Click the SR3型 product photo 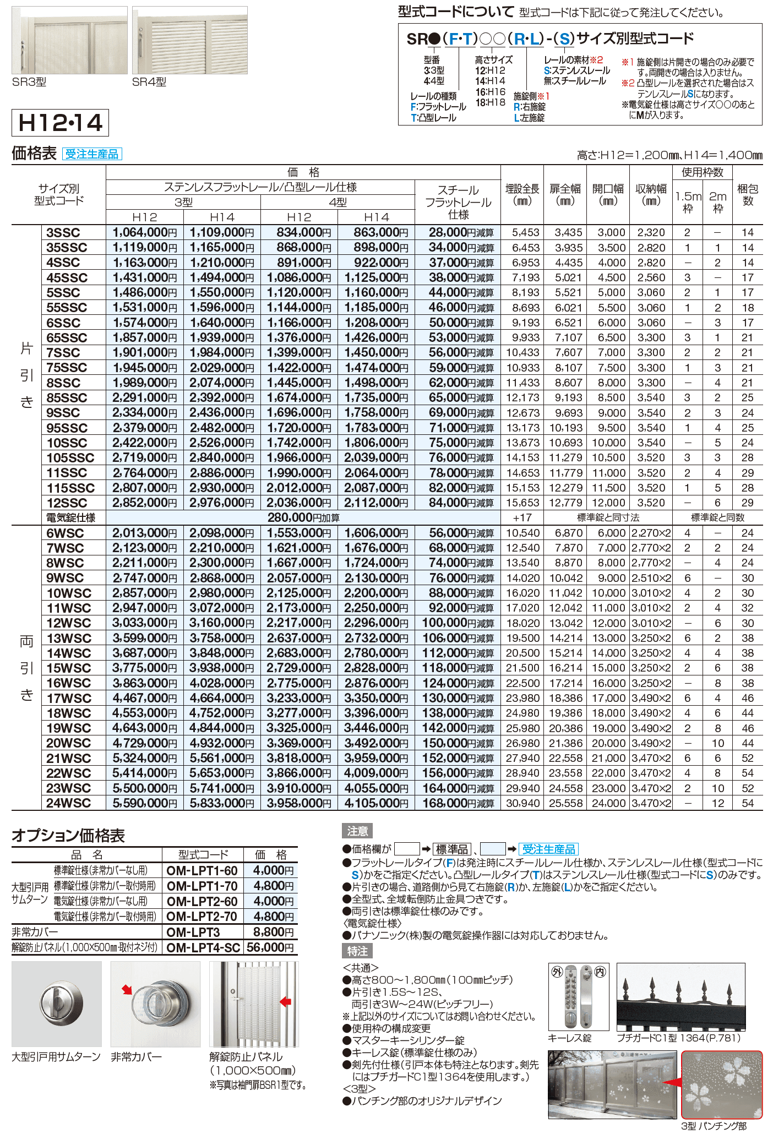click(69, 40)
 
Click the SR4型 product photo click(189, 40)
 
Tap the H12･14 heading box click(60, 123)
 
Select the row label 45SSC click(67, 277)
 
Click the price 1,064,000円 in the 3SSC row click(144, 232)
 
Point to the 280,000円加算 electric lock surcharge click(303, 517)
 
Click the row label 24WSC click(68, 803)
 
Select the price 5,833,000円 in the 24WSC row click(222, 803)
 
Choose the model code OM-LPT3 click(193, 932)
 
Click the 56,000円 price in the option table click(270, 947)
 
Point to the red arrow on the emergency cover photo click(127, 990)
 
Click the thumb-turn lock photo click(57, 1004)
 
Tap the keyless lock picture click(578, 996)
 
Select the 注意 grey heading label click(357, 831)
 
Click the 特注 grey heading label click(357, 951)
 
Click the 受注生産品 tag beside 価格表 click(91, 154)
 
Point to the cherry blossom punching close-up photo click(722, 1084)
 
